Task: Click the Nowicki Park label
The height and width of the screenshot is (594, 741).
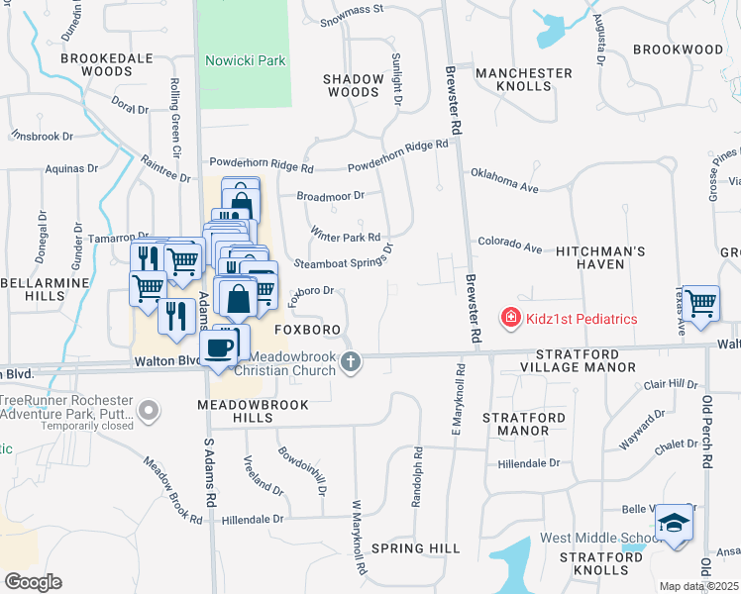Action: point(245,60)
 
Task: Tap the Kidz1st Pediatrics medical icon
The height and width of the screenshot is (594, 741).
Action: point(510,318)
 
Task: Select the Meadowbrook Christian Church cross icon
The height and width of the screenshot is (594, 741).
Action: point(350,363)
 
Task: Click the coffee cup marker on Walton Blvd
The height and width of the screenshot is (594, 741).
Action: point(218,348)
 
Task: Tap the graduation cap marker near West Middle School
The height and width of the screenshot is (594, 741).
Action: point(674,523)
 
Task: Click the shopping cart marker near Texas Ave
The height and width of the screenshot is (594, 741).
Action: point(700,303)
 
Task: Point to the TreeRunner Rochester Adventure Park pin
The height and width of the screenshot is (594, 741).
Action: point(148,409)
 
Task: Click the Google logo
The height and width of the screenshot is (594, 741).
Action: point(32,582)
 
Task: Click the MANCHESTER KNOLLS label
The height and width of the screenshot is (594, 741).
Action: point(524,80)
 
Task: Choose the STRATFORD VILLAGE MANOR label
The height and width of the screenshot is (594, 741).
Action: point(584,360)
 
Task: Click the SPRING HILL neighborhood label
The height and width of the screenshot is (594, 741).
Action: point(415,547)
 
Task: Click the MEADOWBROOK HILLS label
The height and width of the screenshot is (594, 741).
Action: point(253,412)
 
